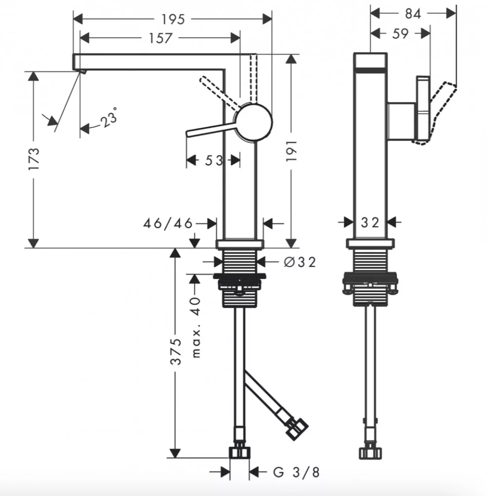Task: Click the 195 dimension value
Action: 173,20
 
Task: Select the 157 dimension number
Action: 160,38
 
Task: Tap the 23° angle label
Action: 109,118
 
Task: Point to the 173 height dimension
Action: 34,159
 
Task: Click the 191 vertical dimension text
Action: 291,151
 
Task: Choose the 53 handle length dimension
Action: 214,160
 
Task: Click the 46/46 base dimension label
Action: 168,224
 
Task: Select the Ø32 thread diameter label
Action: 300,262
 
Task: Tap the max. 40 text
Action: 196,327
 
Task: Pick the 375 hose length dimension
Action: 176,352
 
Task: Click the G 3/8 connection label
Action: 296,472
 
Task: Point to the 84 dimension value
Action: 413,14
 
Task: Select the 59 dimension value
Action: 400,34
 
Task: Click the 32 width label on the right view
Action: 370,223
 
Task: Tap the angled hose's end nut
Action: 297,429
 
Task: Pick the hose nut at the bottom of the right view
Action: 370,453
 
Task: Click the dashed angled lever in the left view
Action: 220,92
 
